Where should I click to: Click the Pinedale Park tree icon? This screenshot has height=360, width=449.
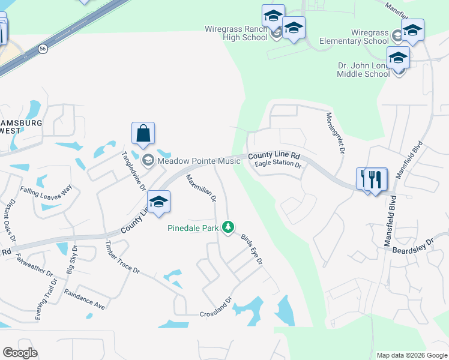[228, 227]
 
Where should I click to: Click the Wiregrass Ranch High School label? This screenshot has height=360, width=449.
[236, 33]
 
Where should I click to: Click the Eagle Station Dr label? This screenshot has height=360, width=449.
[277, 163]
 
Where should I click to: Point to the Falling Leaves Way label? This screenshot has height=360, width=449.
[46, 190]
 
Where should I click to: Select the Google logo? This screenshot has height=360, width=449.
[20, 353]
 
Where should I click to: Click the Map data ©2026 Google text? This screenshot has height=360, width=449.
[411, 355]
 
